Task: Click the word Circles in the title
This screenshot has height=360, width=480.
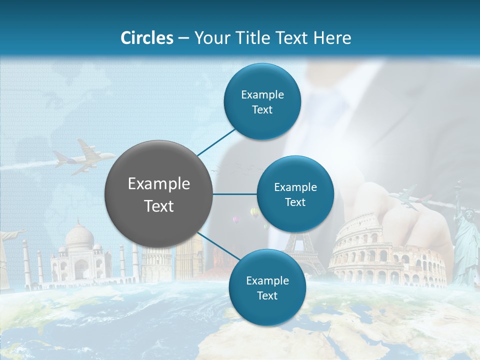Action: pos(146,37)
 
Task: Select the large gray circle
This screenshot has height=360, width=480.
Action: pos(159,194)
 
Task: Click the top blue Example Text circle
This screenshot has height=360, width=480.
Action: pos(262,101)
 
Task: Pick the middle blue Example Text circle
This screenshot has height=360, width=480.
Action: pos(295,194)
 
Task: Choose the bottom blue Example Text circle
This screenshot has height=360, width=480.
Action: pos(267,287)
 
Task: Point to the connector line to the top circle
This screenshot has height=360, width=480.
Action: pos(216,142)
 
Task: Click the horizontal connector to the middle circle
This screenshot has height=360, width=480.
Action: pos(235,194)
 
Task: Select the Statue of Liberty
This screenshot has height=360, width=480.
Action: pos(465,240)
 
